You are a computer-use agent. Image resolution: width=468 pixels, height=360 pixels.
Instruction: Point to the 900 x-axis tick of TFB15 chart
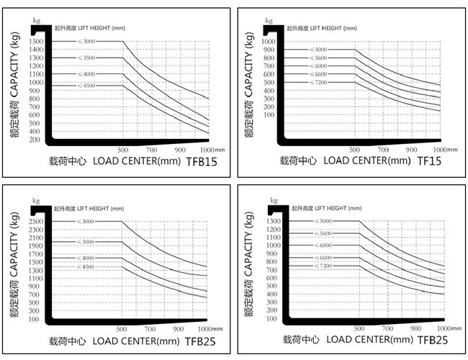(x=181, y=149)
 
